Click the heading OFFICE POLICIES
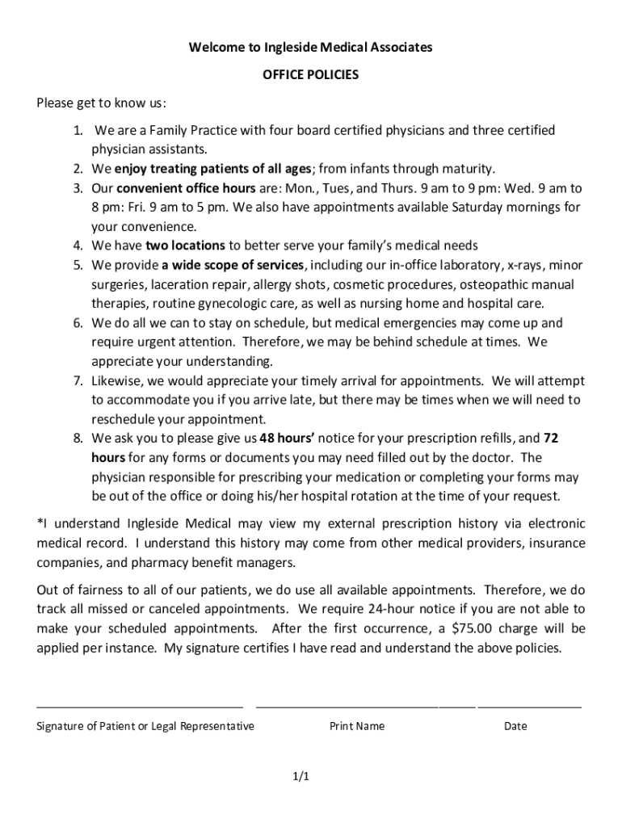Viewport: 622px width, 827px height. [310, 75]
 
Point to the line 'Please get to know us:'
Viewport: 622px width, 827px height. [102, 103]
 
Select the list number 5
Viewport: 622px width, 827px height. [78, 265]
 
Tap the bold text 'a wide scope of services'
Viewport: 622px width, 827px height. [233, 265]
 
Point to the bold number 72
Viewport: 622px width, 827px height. [551, 439]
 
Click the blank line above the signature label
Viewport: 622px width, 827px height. [139, 706]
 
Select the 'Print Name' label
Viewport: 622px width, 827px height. [357, 726]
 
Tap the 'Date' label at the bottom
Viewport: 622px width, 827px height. [515, 726]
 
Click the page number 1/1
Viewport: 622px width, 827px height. [301, 777]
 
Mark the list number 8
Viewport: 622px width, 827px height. [78, 439]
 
